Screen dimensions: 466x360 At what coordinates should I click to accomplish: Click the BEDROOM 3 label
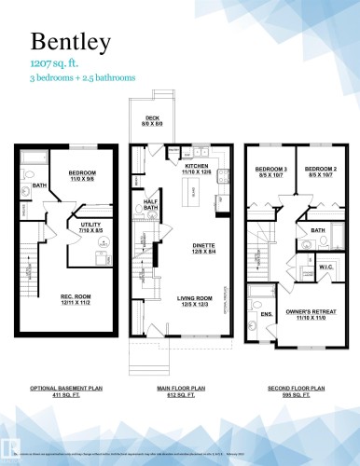(x=271, y=171)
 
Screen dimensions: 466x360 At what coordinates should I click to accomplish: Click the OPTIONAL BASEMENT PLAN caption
(x=64, y=386)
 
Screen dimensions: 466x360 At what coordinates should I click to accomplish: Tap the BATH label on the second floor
(x=317, y=228)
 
